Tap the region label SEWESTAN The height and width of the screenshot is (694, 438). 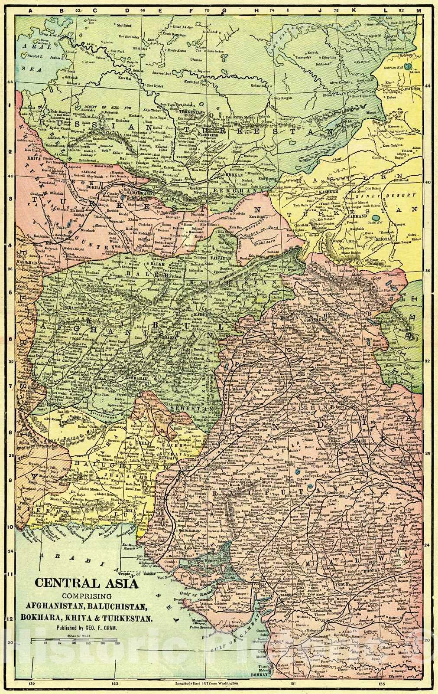coord(184,409)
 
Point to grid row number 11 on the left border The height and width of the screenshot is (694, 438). coord(9,574)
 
